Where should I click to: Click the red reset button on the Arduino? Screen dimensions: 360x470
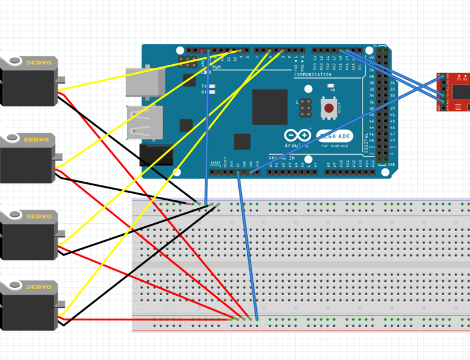(329, 109)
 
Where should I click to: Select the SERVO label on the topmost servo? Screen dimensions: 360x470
(38, 62)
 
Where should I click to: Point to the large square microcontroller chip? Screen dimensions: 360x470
(270, 107)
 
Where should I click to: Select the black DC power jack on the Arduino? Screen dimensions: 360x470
(156, 154)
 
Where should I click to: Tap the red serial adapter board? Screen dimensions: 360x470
(453, 92)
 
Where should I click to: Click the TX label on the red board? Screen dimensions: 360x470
(459, 79)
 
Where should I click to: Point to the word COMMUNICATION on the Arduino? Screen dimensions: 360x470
(313, 75)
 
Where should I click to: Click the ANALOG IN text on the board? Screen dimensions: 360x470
(282, 157)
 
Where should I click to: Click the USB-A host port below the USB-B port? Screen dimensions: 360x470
(144, 122)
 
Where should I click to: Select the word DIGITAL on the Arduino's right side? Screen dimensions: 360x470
(367, 142)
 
